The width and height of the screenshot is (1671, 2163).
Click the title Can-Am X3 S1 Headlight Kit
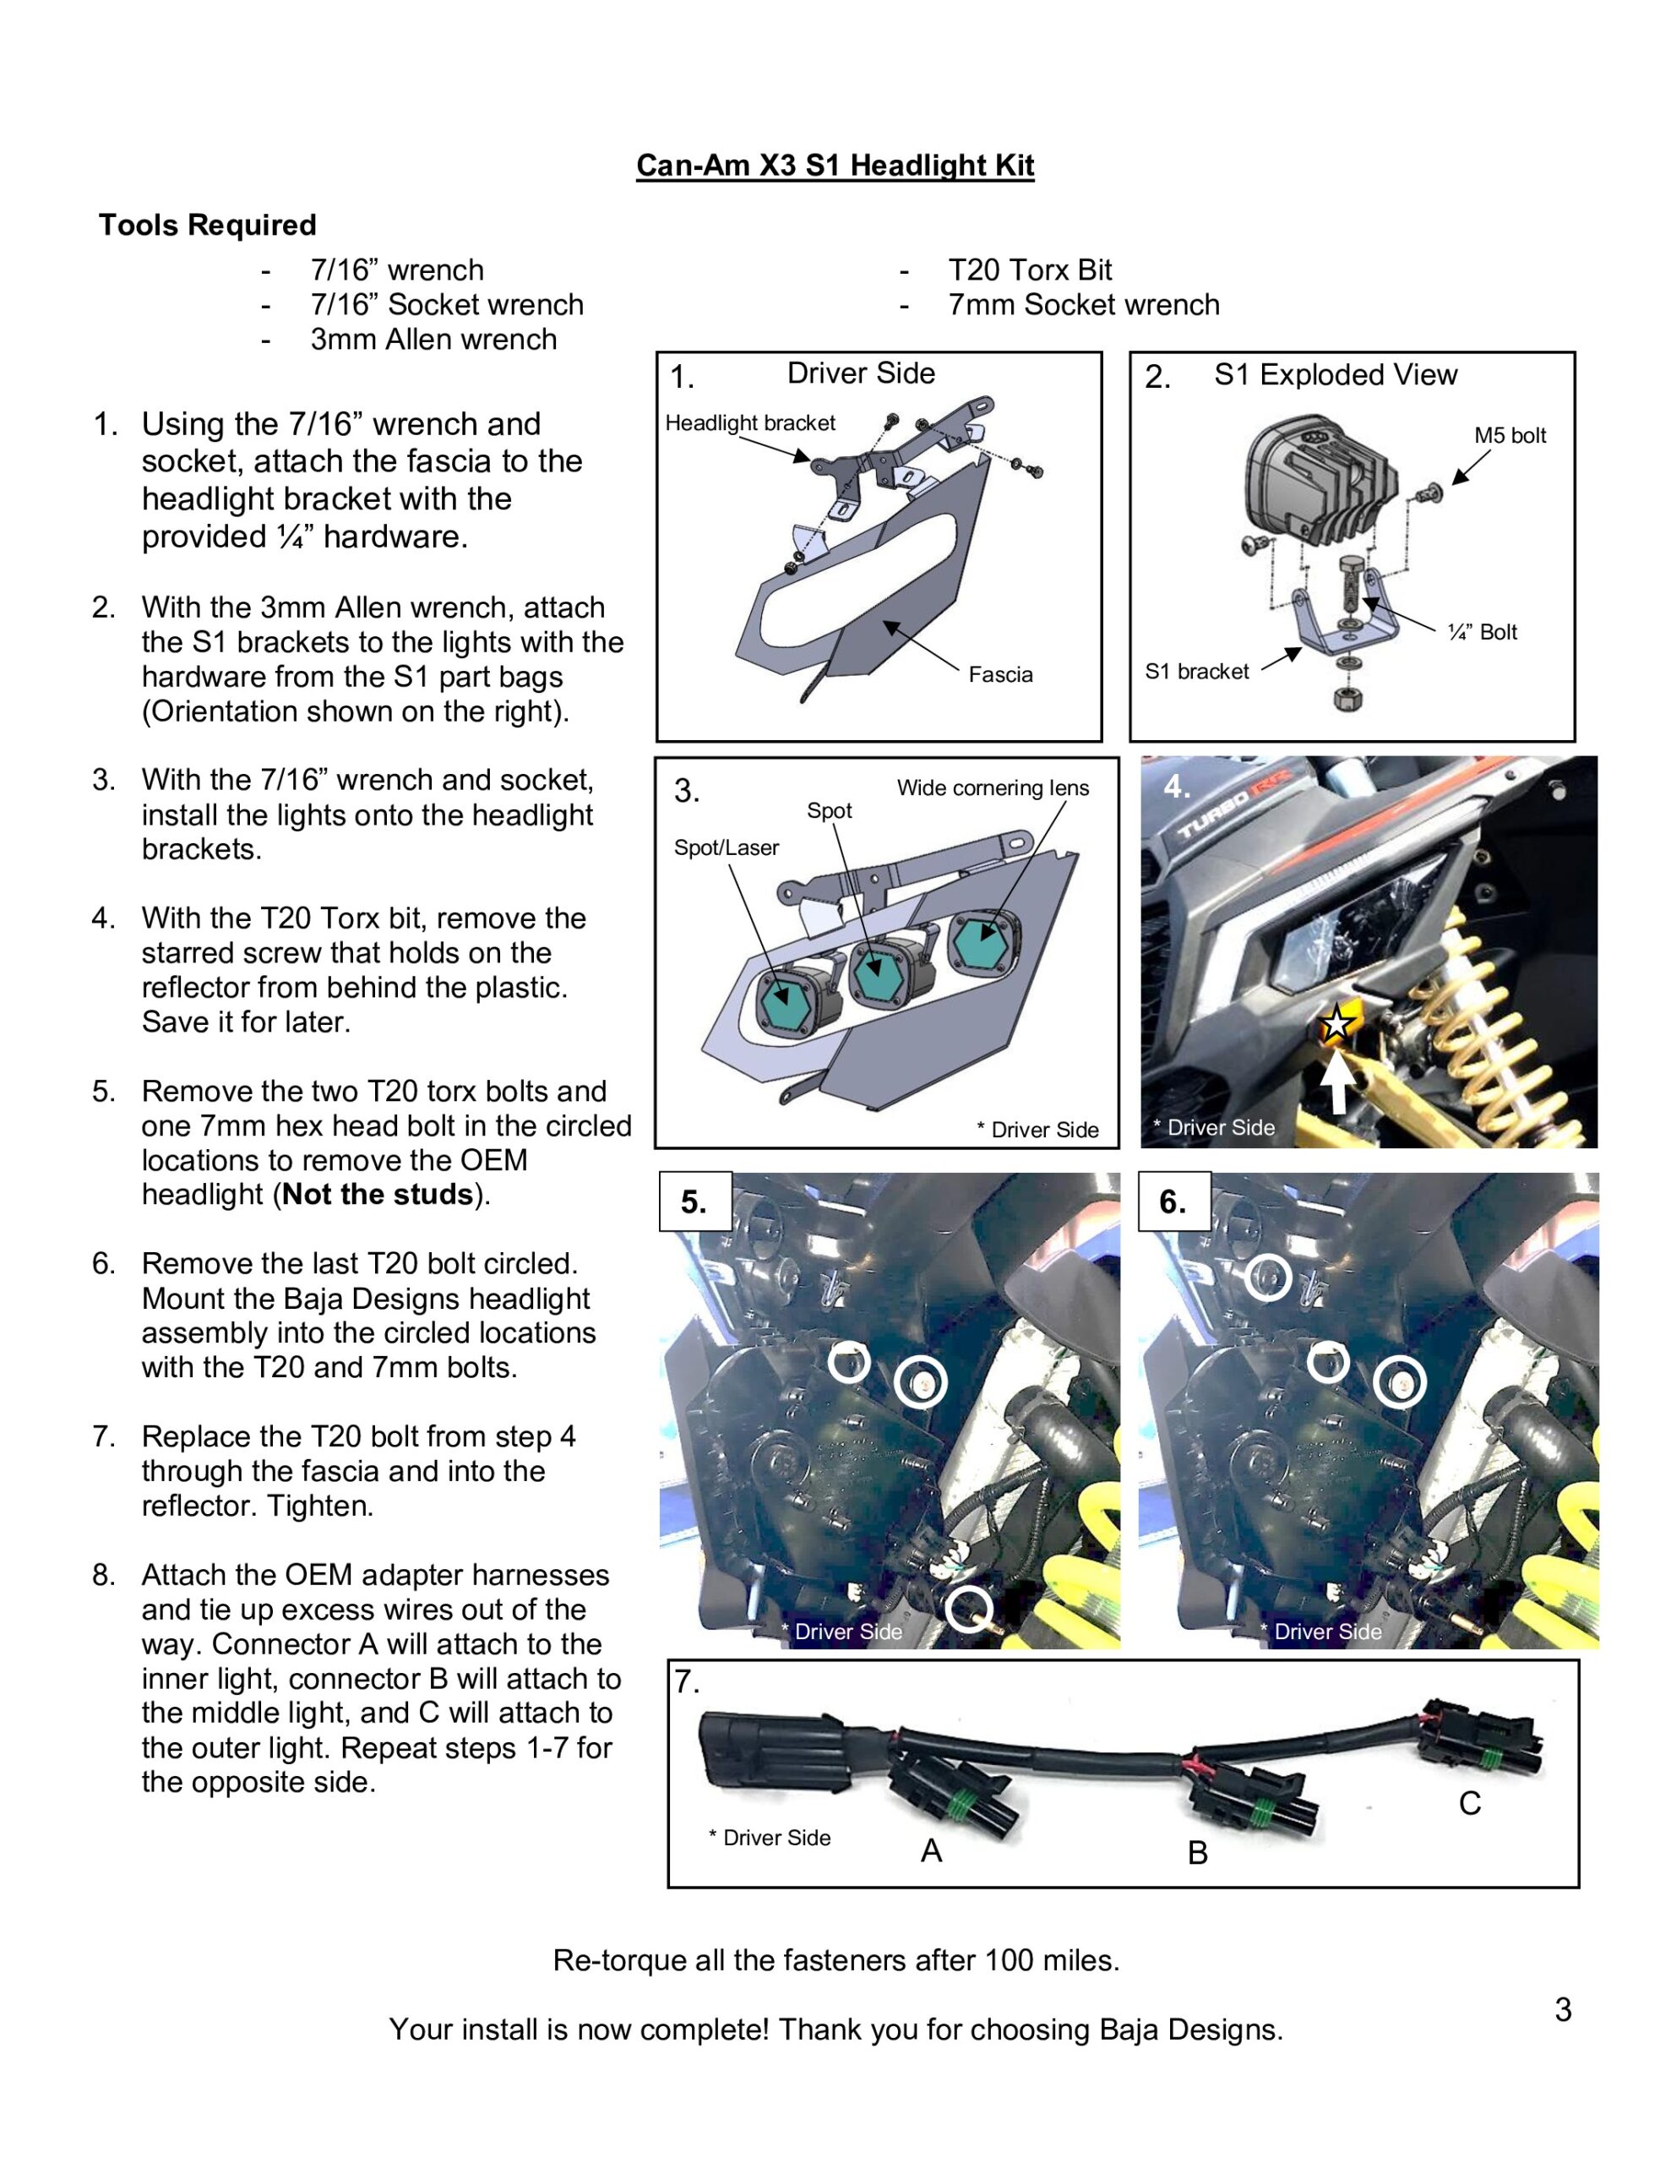tap(834, 165)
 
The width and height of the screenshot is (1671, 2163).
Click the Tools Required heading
tap(207, 225)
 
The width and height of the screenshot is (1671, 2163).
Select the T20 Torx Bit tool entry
tap(1029, 270)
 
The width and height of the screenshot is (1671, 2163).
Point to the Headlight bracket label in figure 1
tap(750, 423)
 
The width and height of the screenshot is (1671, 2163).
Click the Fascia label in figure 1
tap(999, 674)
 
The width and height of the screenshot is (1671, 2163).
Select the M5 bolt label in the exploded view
tap(1509, 436)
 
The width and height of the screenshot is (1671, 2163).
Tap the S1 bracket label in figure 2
tap(1196, 672)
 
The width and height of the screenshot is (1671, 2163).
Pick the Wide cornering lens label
tap(993, 788)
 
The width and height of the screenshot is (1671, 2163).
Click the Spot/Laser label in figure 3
tap(726, 847)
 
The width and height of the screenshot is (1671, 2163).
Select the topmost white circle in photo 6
tap(1267, 1278)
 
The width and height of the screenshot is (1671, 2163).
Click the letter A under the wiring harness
tap(931, 1851)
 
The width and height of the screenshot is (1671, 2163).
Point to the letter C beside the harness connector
tap(1469, 1805)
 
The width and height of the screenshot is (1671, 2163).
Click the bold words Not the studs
tap(378, 1196)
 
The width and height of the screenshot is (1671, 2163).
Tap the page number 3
tap(1562, 2009)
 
